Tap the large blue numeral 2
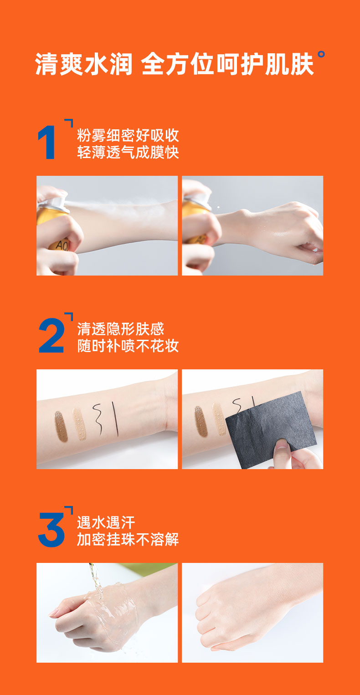point(51,336)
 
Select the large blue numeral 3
point(51,530)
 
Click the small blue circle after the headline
point(321,54)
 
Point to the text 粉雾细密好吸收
point(128,135)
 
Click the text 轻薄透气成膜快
point(128,152)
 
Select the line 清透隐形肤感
point(120,329)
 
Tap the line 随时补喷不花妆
point(128,346)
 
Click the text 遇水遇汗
point(106,522)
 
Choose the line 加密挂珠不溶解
point(128,539)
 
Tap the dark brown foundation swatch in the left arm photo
point(61,426)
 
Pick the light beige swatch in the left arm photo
point(80,424)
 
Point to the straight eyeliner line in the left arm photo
point(115,418)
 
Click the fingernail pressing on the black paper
point(282,444)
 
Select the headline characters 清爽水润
point(84,64)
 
